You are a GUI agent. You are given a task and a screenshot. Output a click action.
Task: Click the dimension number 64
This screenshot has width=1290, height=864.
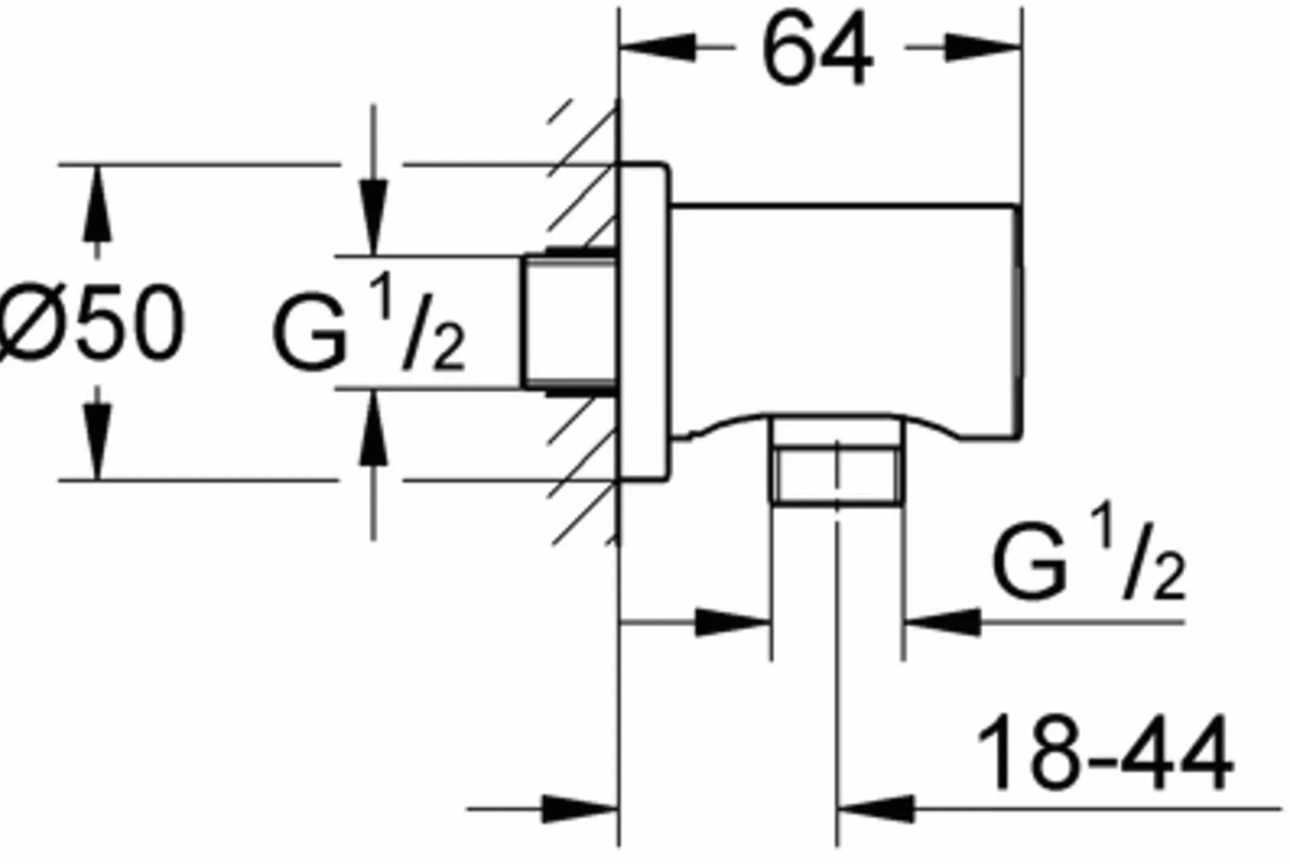(x=817, y=50)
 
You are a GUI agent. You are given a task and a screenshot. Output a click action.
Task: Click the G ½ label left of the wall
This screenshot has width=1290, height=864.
(x=369, y=323)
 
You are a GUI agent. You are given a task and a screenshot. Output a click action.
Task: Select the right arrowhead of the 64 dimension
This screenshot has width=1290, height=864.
(x=983, y=47)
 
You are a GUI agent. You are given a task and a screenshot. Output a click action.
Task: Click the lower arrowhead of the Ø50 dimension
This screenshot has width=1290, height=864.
(x=97, y=442)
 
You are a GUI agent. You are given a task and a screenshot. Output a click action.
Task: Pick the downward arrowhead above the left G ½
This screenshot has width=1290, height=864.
(x=373, y=218)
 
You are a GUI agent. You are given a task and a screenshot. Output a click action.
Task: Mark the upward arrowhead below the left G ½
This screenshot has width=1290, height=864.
(x=374, y=428)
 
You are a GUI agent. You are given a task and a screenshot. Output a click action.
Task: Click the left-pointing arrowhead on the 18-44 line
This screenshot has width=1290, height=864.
(x=875, y=809)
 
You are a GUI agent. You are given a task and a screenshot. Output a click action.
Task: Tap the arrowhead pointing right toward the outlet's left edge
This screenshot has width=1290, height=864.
(x=733, y=622)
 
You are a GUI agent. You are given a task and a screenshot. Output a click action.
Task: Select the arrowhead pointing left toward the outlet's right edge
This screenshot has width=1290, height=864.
(x=942, y=622)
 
